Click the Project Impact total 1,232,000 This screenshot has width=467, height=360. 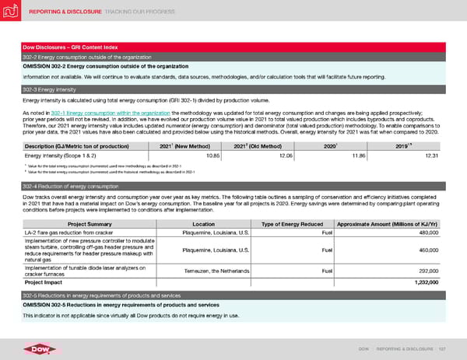click(431, 283)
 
